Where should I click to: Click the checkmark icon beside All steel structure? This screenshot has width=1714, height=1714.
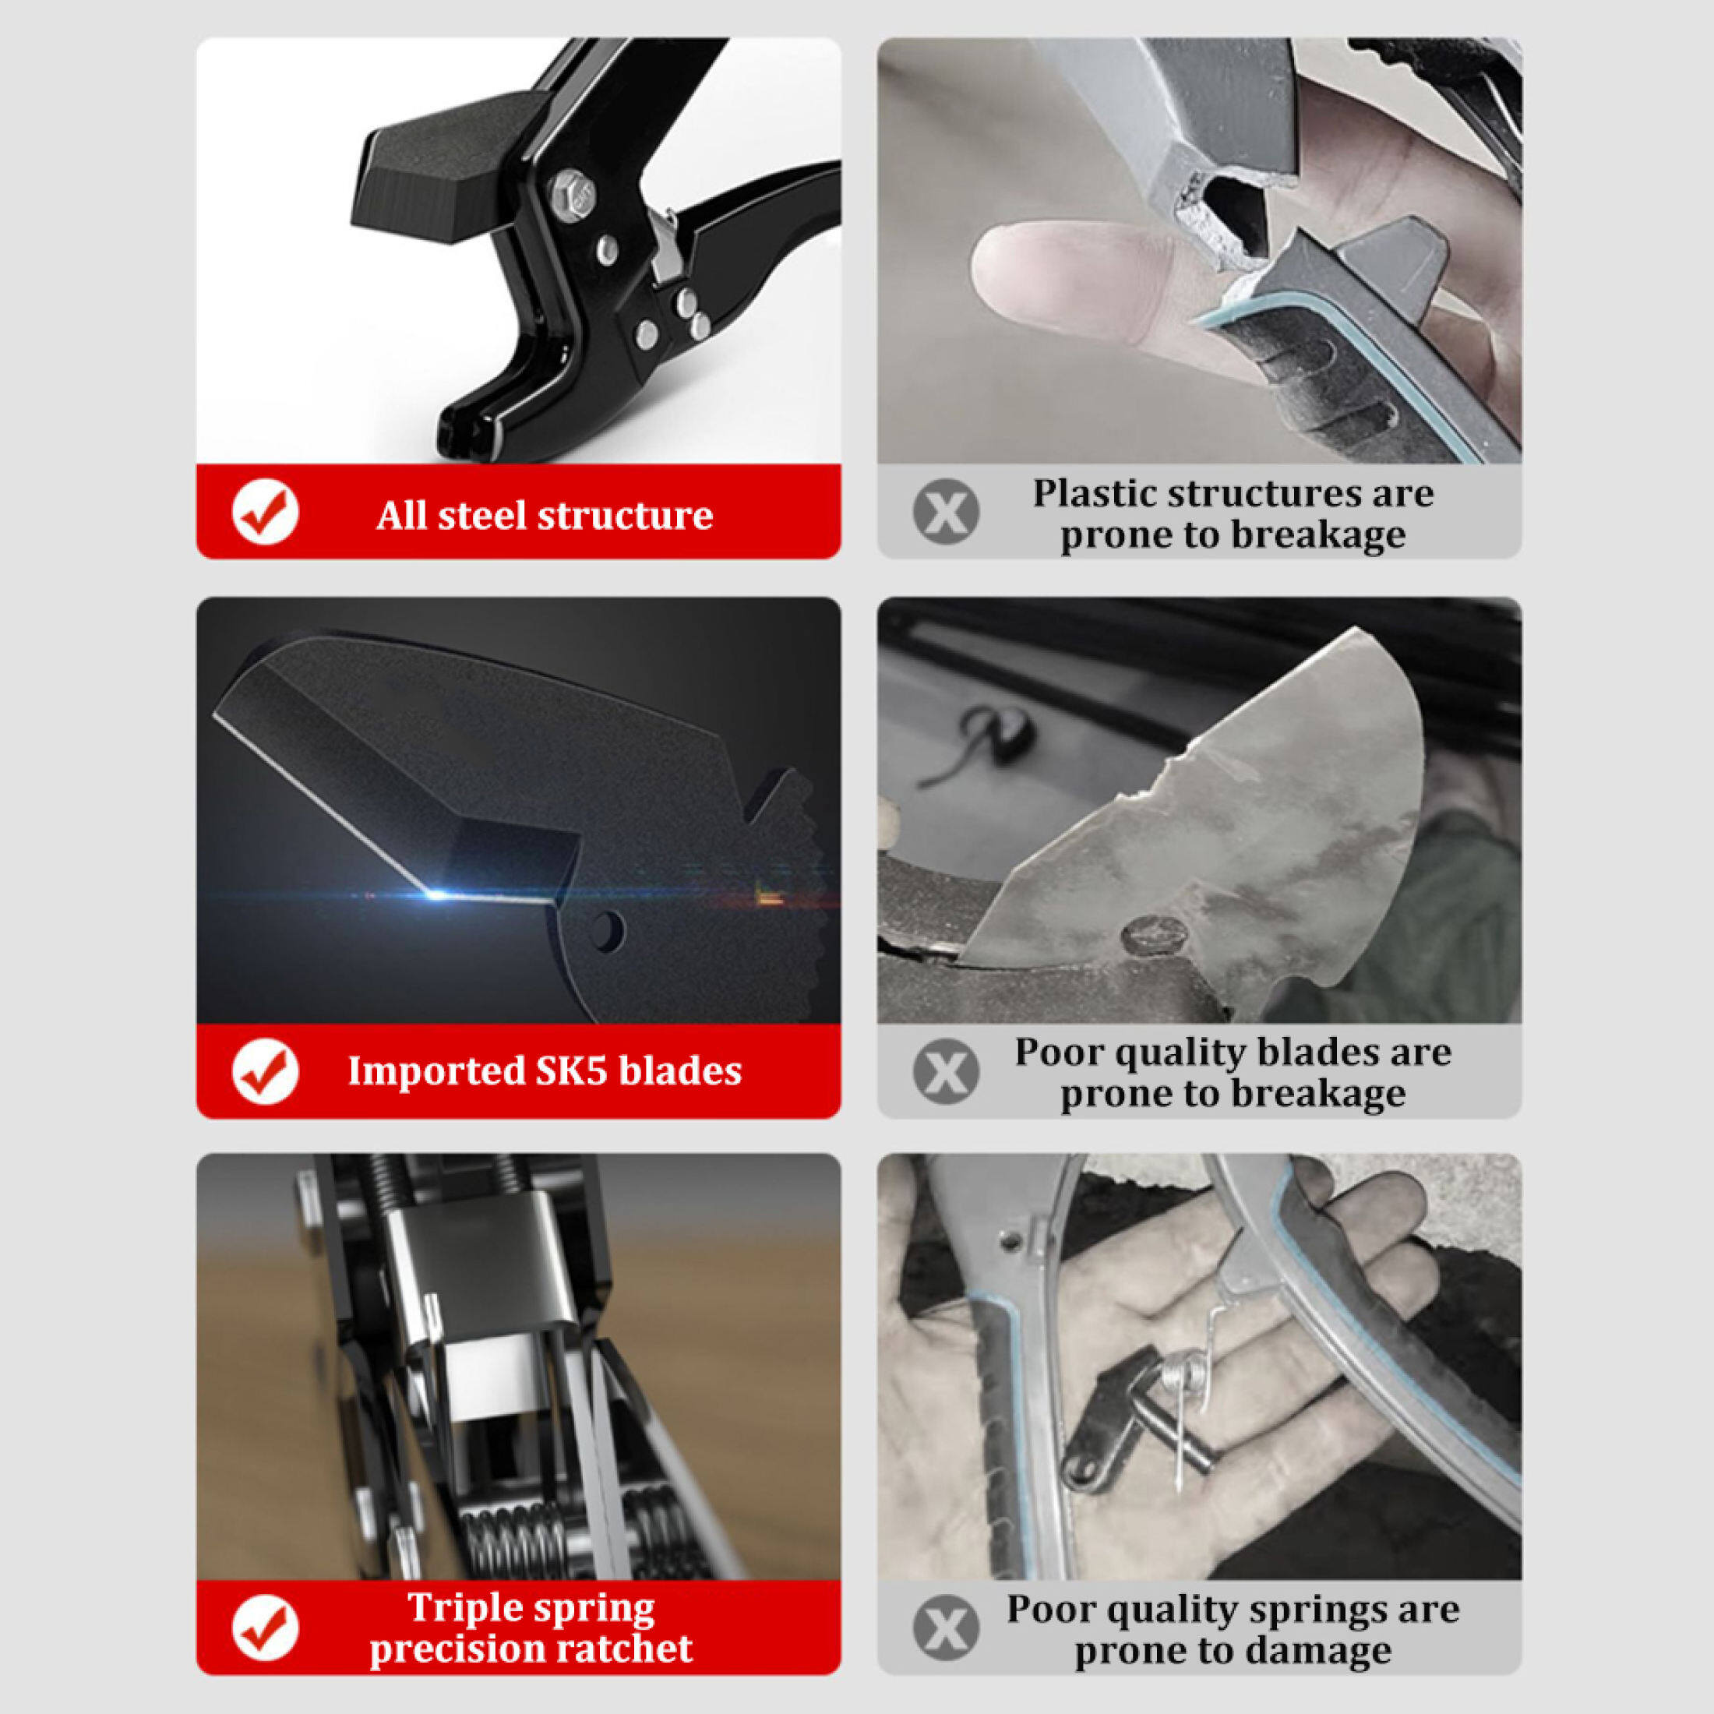[x=264, y=513]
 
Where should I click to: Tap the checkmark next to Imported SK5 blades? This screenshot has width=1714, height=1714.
[x=264, y=1072]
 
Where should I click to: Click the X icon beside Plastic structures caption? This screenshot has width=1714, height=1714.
[x=946, y=512]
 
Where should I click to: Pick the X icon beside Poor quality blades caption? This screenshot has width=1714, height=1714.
[x=946, y=1072]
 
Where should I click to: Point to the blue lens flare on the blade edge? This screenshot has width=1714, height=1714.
[x=436, y=894]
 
